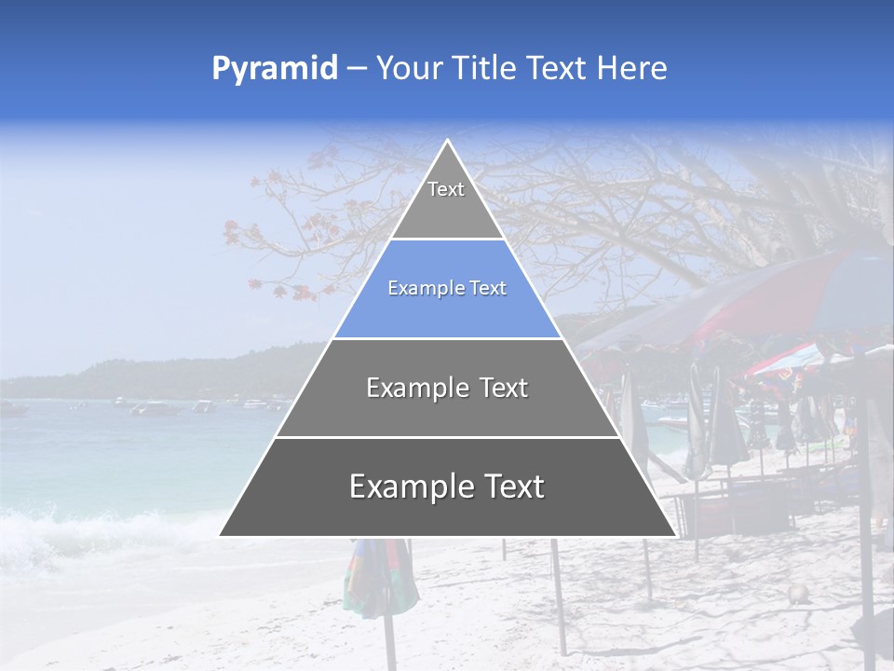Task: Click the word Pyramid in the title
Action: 274,69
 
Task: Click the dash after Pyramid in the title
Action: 356,69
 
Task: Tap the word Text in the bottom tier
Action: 508,486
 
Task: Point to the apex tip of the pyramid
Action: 448,142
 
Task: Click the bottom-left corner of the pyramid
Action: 221,535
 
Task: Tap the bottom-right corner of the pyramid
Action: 674,535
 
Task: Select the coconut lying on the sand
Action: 796,594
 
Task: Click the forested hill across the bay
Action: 186,373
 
